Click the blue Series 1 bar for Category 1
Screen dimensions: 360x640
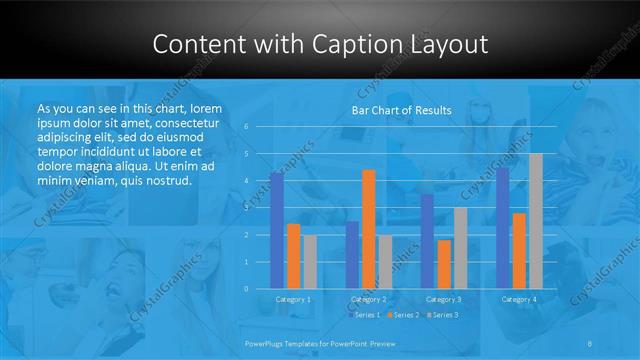click(276, 230)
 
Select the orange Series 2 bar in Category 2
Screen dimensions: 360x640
click(368, 229)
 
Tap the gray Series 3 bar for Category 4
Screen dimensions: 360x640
click(535, 221)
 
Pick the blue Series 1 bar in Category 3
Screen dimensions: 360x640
click(427, 241)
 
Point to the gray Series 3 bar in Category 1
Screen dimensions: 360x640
click(310, 261)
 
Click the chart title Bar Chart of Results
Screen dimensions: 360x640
click(401, 110)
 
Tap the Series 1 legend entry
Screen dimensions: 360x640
click(365, 315)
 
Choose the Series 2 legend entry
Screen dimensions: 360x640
click(402, 315)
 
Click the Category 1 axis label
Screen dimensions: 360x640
click(292, 299)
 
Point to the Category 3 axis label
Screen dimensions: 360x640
click(443, 299)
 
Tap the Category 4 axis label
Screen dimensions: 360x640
click(518, 299)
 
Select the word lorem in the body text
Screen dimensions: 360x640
click(199, 107)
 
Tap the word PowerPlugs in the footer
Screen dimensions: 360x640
click(267, 343)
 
